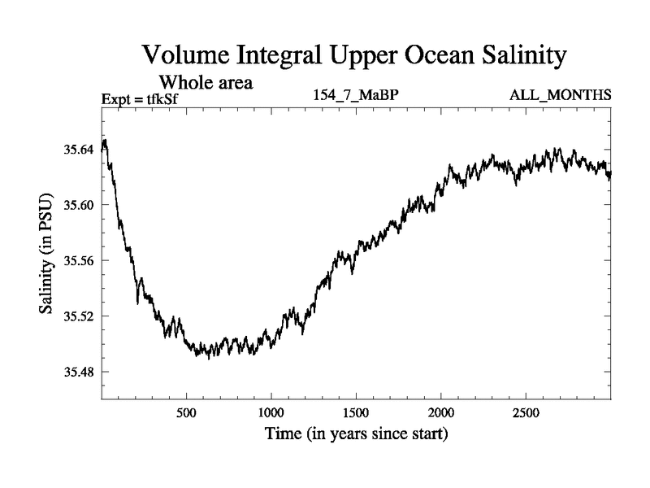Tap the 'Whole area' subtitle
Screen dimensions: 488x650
point(207,82)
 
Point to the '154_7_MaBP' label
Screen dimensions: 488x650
point(355,96)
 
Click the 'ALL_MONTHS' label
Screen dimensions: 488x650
point(560,96)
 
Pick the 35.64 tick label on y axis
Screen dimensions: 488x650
point(77,149)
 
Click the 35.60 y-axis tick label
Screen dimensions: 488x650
point(77,205)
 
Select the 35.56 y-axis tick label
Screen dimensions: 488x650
point(77,260)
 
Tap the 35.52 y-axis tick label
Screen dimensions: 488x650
point(77,316)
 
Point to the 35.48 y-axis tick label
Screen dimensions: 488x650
point(77,372)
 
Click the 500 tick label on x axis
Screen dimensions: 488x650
point(187,411)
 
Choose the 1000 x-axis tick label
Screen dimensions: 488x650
point(271,411)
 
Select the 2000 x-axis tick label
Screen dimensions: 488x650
point(441,411)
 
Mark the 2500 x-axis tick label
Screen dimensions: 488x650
point(526,411)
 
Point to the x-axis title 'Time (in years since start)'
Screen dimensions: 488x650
point(356,434)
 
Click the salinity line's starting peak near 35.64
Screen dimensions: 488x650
point(105,142)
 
